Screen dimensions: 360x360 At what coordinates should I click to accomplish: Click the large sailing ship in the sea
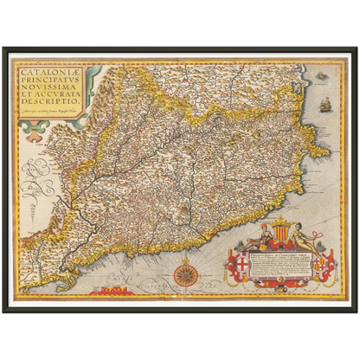pos(325,105)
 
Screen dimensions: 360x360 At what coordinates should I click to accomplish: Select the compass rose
pos(184,274)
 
